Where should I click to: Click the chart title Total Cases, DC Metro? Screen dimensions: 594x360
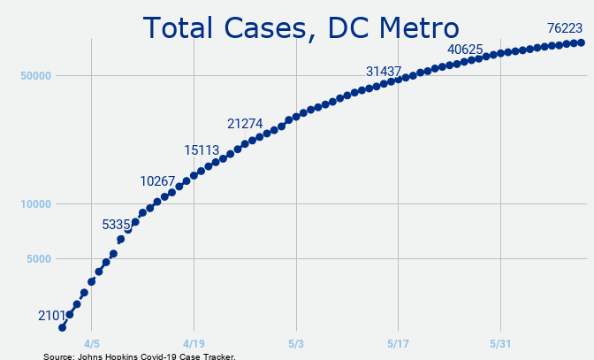point(301,28)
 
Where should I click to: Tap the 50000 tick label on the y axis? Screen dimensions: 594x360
point(35,76)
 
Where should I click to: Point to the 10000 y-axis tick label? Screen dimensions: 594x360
point(35,204)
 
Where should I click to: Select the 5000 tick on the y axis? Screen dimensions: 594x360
point(39,259)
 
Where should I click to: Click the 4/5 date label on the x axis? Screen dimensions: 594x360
point(92,344)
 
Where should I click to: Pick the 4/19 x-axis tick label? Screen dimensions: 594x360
point(194,344)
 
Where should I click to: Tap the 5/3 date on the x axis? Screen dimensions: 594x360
point(296,344)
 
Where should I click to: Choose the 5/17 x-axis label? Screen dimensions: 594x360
point(398,344)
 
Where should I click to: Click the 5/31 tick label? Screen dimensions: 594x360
point(500,344)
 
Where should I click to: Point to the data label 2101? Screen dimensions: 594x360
point(51,316)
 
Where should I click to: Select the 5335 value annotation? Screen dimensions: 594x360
point(116,225)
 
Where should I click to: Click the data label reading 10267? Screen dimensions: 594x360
point(157,181)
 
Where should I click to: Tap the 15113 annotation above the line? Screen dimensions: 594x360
point(202,150)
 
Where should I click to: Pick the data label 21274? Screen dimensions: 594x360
point(245,124)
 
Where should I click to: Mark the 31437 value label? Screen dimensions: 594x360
point(384,72)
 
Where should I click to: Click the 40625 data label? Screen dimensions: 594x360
point(465,50)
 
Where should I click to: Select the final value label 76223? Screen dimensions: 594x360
point(565,28)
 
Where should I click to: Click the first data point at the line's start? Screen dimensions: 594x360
point(63,327)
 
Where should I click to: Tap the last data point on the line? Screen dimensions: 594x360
point(581,42)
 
